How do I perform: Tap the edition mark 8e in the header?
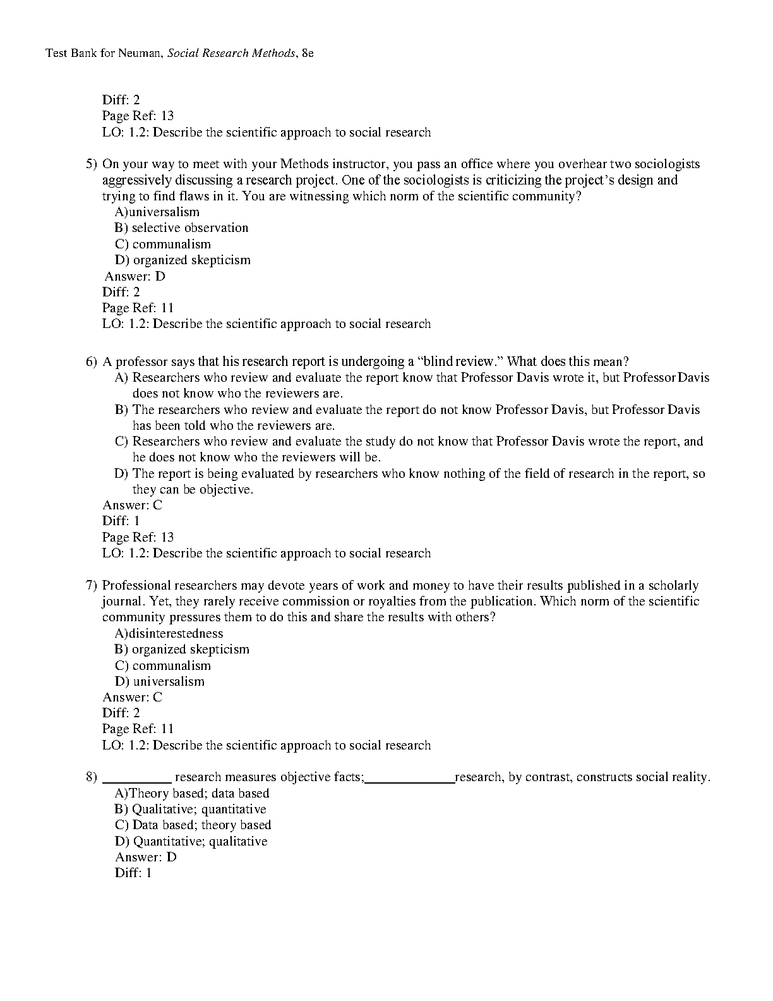point(308,53)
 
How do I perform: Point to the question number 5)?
point(92,164)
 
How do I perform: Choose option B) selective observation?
point(182,228)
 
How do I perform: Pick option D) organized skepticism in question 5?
point(183,260)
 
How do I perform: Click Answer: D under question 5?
point(135,276)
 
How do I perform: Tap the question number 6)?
point(92,362)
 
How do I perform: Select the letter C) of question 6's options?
point(121,442)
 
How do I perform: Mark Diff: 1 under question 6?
point(121,521)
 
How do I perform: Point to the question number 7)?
point(92,586)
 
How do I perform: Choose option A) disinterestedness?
point(169,634)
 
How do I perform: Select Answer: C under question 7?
point(133,698)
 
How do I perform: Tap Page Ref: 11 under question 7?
point(138,729)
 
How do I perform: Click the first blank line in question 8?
point(137,781)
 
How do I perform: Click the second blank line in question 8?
point(410,781)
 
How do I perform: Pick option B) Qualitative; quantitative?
point(190,810)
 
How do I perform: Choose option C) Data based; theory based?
point(193,825)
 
